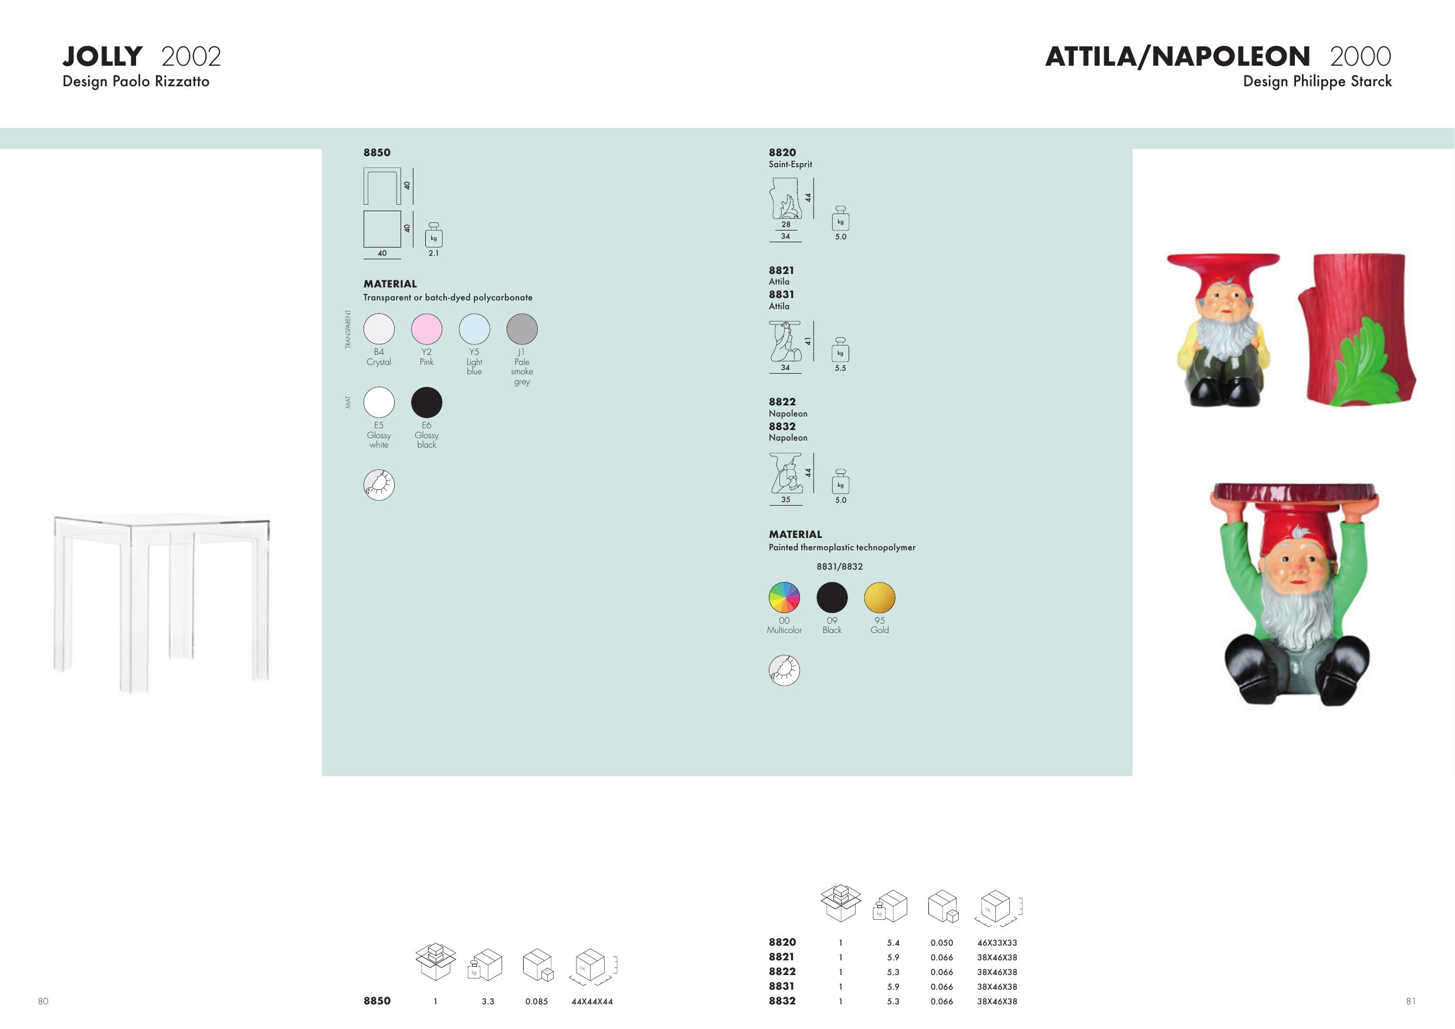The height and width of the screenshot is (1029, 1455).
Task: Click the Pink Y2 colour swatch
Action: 426,329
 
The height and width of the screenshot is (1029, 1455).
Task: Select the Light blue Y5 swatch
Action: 474,329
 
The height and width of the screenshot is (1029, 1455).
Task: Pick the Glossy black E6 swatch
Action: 426,402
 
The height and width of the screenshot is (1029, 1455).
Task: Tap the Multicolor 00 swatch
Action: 785,597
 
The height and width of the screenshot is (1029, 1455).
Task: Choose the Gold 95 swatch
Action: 880,597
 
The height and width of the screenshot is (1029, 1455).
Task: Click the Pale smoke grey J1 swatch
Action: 522,329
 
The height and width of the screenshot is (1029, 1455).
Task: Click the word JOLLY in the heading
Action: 103,56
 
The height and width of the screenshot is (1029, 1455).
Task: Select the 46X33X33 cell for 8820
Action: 997,943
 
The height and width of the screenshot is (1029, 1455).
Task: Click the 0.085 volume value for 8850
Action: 536,1002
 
